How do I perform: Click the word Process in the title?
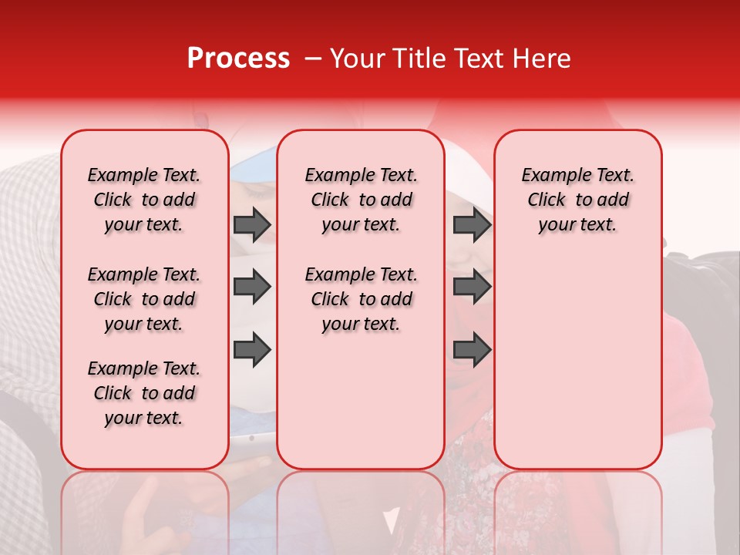(238, 59)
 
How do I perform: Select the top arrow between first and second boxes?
(252, 224)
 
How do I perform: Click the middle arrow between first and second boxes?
(252, 287)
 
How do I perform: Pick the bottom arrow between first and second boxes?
(252, 349)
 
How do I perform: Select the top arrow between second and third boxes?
(472, 224)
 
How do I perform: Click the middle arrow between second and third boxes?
(472, 287)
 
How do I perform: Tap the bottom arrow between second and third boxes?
(472, 349)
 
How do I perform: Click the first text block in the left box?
(144, 200)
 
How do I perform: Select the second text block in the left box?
(144, 299)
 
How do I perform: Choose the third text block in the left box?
(144, 393)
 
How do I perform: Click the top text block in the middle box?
(361, 200)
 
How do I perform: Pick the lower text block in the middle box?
(361, 299)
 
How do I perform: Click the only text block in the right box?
(577, 200)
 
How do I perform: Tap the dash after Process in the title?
(312, 59)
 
